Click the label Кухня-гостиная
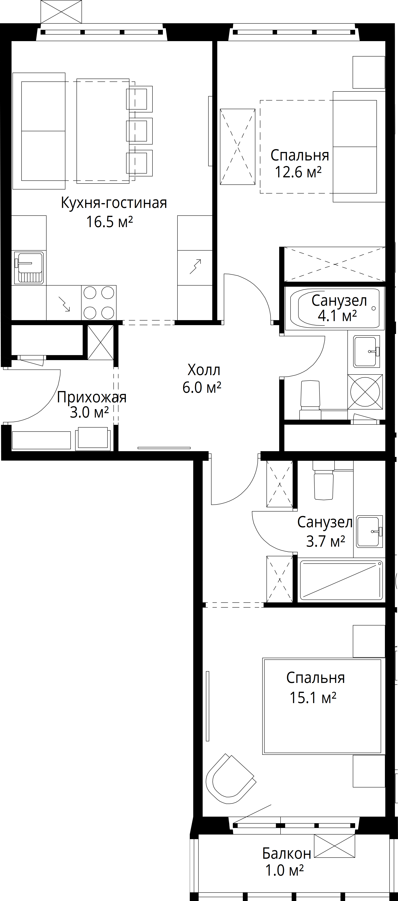pos(114,203)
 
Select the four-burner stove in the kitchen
pos(99,303)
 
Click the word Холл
pos(204,370)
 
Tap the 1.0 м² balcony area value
pos(284,871)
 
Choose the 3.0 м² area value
pos(89,413)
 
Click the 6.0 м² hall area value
pos(202,388)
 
